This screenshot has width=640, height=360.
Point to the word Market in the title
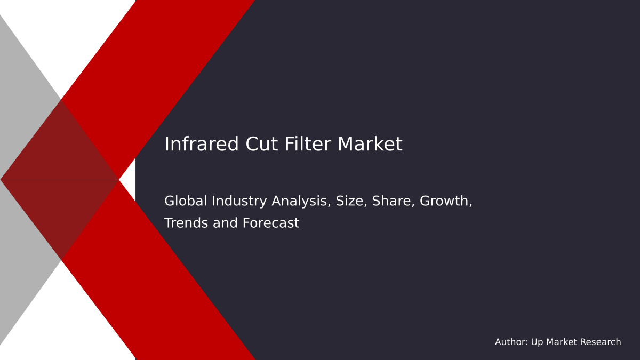pos(370,145)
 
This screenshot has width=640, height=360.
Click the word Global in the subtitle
pos(186,202)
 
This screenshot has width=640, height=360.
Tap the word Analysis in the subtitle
pos(301,202)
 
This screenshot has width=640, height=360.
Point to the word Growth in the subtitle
pos(446,202)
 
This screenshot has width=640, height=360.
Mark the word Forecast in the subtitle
pos(270,223)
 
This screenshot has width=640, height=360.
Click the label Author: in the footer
pos(511,342)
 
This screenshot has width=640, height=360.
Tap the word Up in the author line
pos(537,342)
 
